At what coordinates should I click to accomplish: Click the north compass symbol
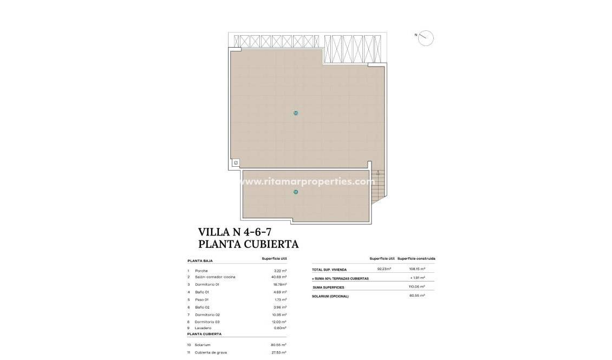pyautogui.click(x=426, y=38)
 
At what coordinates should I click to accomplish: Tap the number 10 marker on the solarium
pyautogui.click(x=295, y=113)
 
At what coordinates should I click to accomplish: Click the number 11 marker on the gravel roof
pyautogui.click(x=296, y=192)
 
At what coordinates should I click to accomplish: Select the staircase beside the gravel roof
pyautogui.click(x=380, y=184)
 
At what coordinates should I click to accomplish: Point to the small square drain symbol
pyautogui.click(x=236, y=162)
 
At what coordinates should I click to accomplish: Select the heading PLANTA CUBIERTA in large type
pyautogui.click(x=248, y=244)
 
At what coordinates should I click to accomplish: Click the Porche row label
pyautogui.click(x=201, y=271)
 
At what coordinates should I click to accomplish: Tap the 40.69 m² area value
pyautogui.click(x=278, y=277)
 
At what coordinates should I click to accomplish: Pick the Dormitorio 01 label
pyautogui.click(x=207, y=284)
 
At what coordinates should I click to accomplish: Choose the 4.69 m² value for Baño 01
pyautogui.click(x=279, y=292)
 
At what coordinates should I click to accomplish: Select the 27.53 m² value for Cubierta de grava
pyautogui.click(x=278, y=352)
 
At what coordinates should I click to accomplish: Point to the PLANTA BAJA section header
pyautogui.click(x=200, y=260)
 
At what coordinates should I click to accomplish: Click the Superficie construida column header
pyautogui.click(x=416, y=259)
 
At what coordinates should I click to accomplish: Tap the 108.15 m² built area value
pyautogui.click(x=416, y=269)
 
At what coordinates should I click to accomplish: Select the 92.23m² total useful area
pyautogui.click(x=384, y=269)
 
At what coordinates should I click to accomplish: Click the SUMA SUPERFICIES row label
pyautogui.click(x=328, y=287)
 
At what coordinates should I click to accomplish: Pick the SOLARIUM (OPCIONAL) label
pyautogui.click(x=330, y=296)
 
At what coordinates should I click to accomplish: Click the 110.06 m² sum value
pyautogui.click(x=416, y=287)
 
